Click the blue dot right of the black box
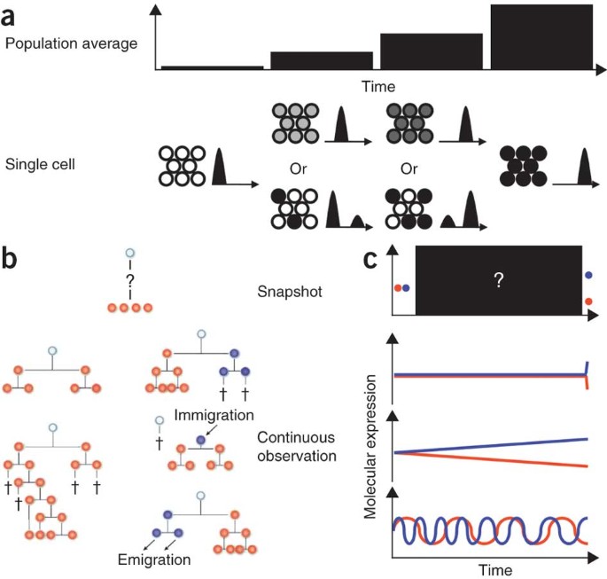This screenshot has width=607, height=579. click(589, 276)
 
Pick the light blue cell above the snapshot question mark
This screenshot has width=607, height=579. click(128, 253)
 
